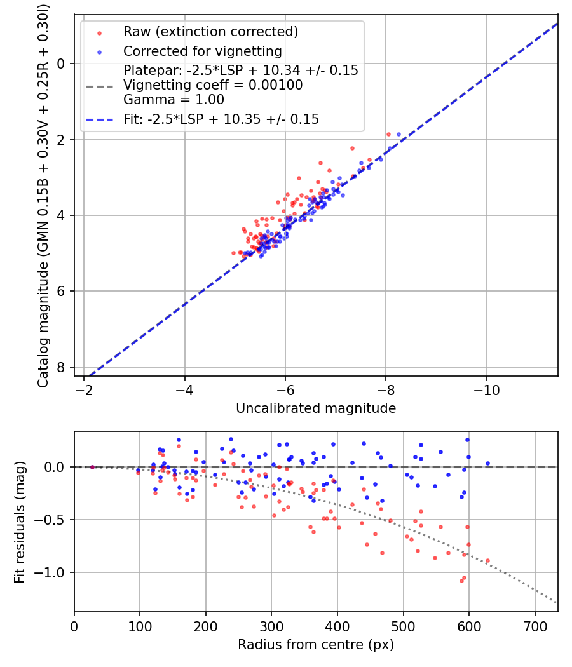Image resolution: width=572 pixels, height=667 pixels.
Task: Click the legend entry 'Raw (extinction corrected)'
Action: coord(210,32)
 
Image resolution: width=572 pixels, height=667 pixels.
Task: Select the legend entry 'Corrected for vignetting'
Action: coord(203,51)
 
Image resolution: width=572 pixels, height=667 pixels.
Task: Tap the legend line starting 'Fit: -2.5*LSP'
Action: coord(221,119)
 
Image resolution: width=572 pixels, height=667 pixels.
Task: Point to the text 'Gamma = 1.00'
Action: coord(174,99)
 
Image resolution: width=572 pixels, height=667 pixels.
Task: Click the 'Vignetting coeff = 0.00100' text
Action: coord(213,85)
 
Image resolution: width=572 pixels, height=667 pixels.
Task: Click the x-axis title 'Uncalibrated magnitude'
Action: coord(316,408)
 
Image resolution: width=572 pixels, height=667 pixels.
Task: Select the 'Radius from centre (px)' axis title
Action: coord(316,645)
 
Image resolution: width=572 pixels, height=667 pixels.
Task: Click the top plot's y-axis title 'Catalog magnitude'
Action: coord(43,194)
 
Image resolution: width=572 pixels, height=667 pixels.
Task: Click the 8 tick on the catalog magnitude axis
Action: coord(61,368)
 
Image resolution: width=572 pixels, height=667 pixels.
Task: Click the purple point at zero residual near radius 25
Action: coord(92,467)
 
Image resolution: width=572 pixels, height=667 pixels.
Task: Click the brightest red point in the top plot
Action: coord(388,134)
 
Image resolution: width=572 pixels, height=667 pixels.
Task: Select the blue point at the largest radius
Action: coord(487,464)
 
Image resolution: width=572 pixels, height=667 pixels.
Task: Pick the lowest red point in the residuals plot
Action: coord(461,581)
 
